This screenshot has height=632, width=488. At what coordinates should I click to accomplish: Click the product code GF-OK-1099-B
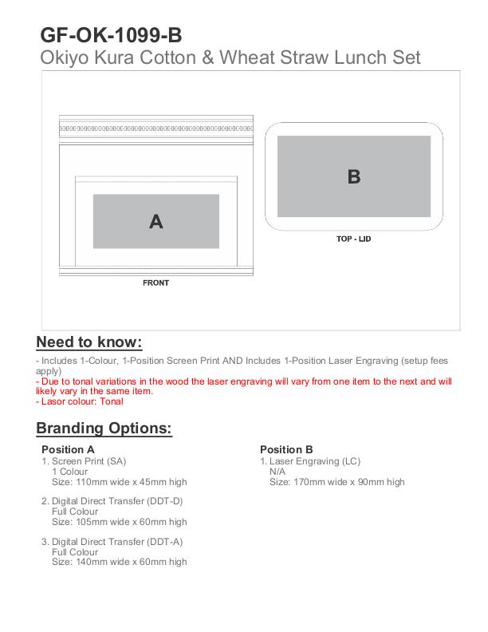point(111,35)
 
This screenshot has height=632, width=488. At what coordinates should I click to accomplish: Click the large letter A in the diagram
point(156,222)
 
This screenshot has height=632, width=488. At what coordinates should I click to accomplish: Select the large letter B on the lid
point(354,176)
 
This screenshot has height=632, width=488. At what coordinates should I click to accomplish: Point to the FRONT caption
point(155,283)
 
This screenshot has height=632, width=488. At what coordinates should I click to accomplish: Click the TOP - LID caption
point(353,239)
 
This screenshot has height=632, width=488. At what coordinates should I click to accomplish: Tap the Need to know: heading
point(89,342)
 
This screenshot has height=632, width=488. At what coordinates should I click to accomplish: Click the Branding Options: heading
point(104,428)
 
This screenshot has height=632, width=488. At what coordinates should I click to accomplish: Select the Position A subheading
point(68,449)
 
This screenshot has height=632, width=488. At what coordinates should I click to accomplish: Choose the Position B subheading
point(286,449)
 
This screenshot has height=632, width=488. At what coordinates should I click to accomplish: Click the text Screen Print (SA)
point(89,461)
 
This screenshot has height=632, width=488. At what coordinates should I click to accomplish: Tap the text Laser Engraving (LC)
point(315,461)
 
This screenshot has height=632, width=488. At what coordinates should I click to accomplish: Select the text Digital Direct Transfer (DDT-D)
point(117,501)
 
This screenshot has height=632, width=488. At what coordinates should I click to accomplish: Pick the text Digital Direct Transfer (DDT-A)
point(117,542)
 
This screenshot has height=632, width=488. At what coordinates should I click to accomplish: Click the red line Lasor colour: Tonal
point(80,401)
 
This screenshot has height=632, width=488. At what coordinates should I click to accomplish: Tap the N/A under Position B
point(277,472)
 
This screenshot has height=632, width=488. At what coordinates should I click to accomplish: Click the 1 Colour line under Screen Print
point(69,472)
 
